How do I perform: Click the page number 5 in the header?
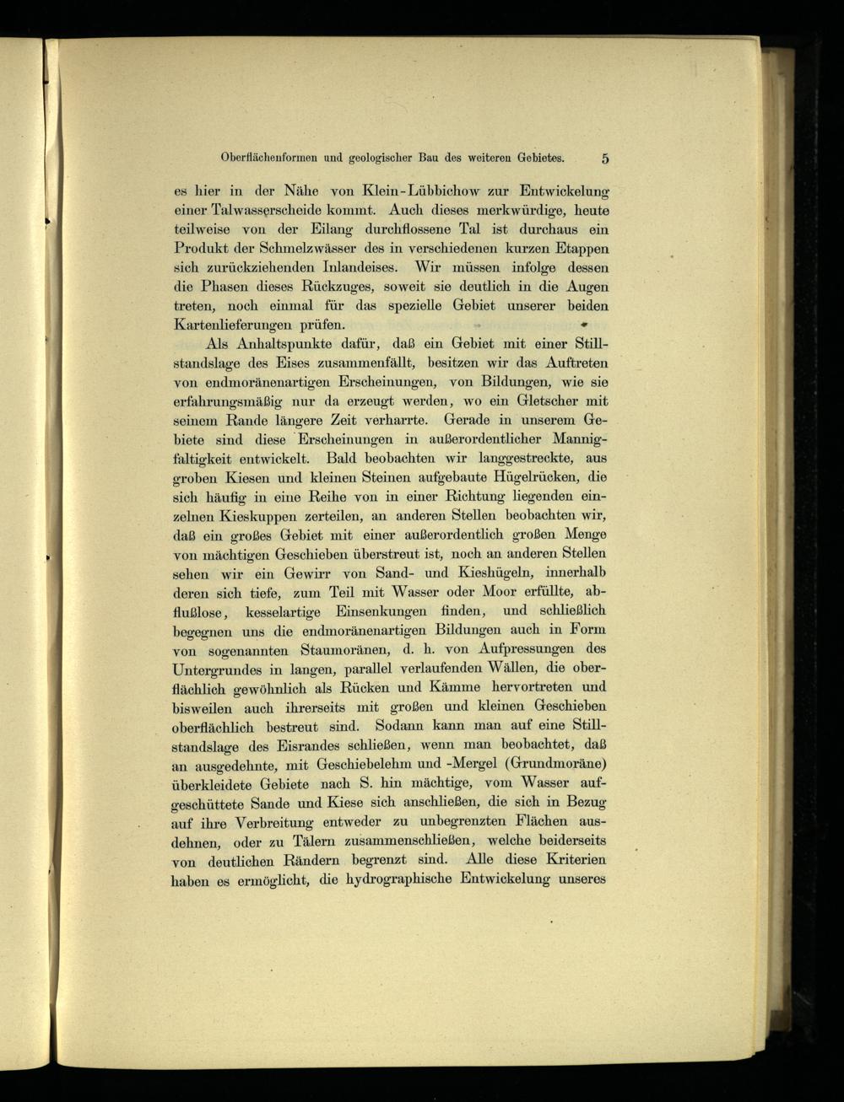point(605,158)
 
